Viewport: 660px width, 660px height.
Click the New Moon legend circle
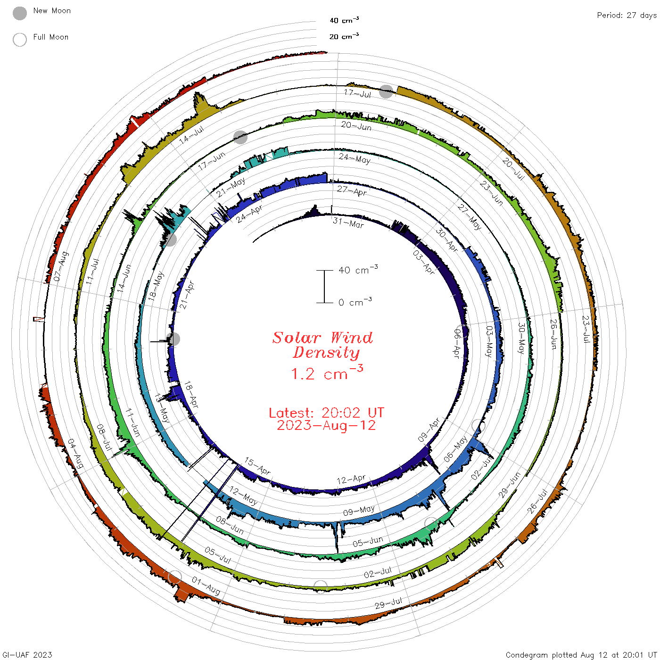coord(20,13)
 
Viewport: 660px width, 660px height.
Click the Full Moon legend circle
coord(20,40)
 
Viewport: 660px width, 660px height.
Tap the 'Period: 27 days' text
coord(627,16)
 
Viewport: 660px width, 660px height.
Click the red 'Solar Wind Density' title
coord(322,345)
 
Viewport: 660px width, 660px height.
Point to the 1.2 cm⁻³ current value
coord(327,373)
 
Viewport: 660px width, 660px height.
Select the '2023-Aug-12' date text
coord(326,425)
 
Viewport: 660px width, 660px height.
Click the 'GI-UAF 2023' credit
coord(27,654)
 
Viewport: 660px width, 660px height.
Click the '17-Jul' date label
coord(357,93)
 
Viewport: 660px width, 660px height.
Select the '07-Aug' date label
coord(61,266)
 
